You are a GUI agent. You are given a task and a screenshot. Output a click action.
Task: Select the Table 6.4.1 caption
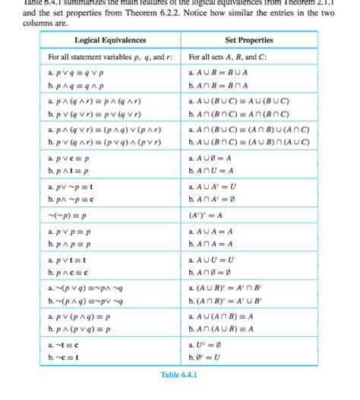179,375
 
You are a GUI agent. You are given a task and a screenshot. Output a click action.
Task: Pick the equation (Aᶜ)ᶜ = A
206,215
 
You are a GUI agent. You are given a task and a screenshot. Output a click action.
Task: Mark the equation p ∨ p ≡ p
73,231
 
